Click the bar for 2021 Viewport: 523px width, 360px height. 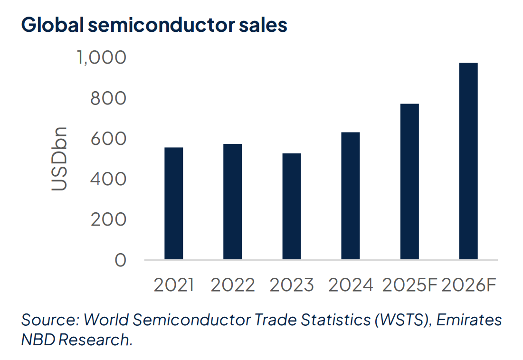tap(173, 204)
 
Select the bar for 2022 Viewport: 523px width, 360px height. tap(232, 202)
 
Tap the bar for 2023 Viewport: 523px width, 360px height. tap(291, 207)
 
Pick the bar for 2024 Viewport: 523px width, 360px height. tap(350, 196)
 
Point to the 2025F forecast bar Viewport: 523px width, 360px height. tap(409, 182)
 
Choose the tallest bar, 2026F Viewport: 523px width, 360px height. tap(468, 161)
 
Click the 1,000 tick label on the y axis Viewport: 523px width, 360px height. tap(102, 57)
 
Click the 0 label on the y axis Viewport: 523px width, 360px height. tap(121, 260)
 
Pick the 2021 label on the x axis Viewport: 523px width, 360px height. tap(174, 285)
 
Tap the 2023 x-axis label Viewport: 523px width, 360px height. tap(291, 285)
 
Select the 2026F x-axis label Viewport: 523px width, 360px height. tap(469, 285)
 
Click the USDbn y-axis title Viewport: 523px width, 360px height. tap(59, 159)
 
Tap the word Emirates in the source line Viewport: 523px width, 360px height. tap(469, 320)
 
